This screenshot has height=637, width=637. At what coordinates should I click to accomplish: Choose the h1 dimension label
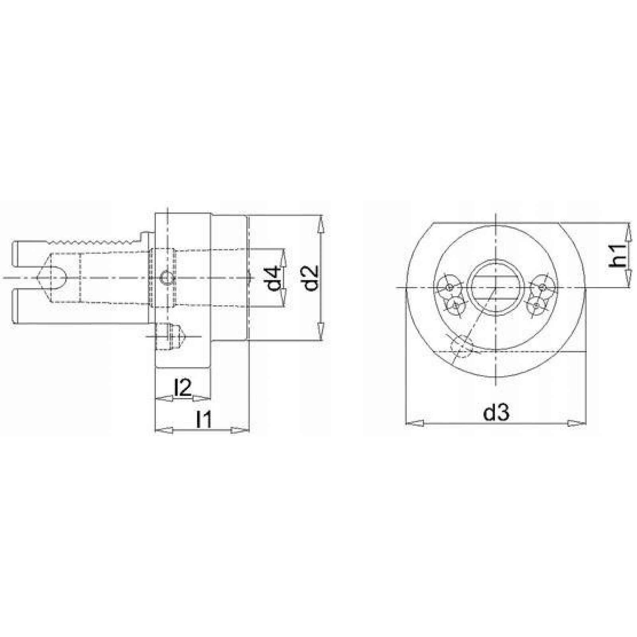point(619,255)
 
